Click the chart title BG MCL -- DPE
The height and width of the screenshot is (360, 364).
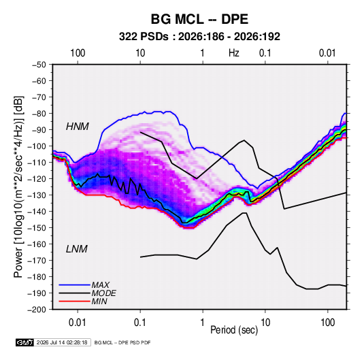click(199, 19)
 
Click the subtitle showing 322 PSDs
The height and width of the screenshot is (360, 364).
click(199, 37)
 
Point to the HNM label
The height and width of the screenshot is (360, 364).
click(78, 127)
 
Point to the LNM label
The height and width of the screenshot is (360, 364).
click(77, 249)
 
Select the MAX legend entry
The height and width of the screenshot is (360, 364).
click(100, 284)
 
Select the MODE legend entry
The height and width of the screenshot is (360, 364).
click(103, 293)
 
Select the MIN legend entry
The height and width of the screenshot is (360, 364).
click(99, 301)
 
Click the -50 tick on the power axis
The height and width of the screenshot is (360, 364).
click(39, 65)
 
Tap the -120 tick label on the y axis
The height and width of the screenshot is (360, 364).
click(37, 179)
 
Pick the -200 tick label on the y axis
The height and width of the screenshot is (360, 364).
click(37, 310)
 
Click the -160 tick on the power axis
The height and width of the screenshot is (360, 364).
click(37, 244)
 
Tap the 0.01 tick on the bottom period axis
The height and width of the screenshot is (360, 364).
click(78, 323)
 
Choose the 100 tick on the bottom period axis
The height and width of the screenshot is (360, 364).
click(327, 323)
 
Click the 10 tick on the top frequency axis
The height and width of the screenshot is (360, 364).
click(140, 53)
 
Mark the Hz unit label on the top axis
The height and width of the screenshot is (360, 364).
click(234, 53)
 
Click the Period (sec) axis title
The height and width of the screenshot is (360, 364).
click(234, 330)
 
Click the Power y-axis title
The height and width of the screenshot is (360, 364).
click(18, 187)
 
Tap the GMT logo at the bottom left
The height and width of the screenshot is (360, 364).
click(25, 342)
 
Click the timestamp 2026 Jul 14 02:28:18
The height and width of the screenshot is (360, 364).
click(62, 342)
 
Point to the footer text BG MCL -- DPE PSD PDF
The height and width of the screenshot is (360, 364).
click(122, 342)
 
